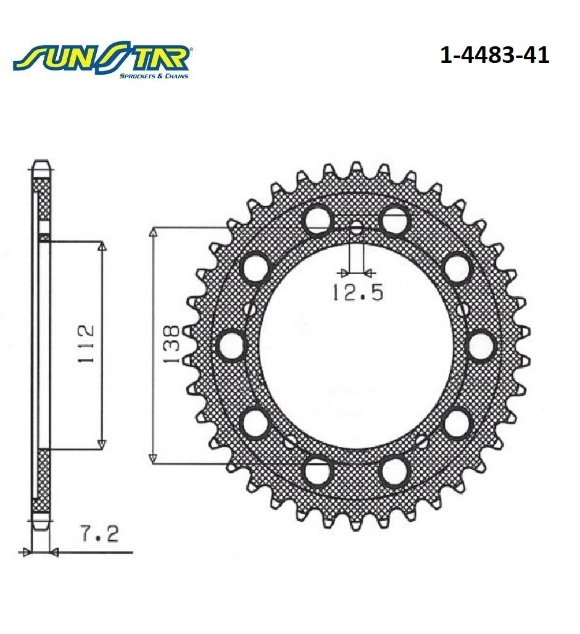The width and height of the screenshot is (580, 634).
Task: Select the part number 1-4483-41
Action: [494, 55]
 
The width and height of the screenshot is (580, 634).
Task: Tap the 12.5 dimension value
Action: [357, 292]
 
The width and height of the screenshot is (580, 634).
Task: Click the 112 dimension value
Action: [86, 343]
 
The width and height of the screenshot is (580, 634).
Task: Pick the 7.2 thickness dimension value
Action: [99, 534]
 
